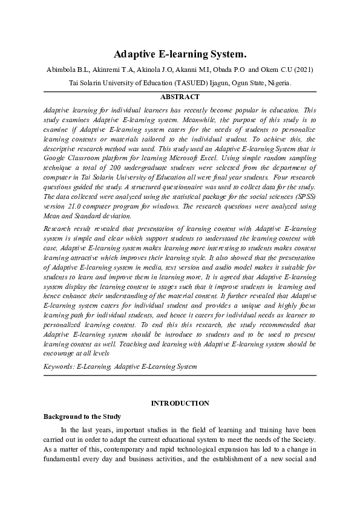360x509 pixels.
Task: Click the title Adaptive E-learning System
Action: click(x=180, y=54)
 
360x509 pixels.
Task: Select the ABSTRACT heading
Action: click(x=180, y=97)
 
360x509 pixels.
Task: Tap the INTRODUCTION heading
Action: click(x=180, y=403)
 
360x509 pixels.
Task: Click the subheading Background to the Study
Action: click(x=82, y=417)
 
